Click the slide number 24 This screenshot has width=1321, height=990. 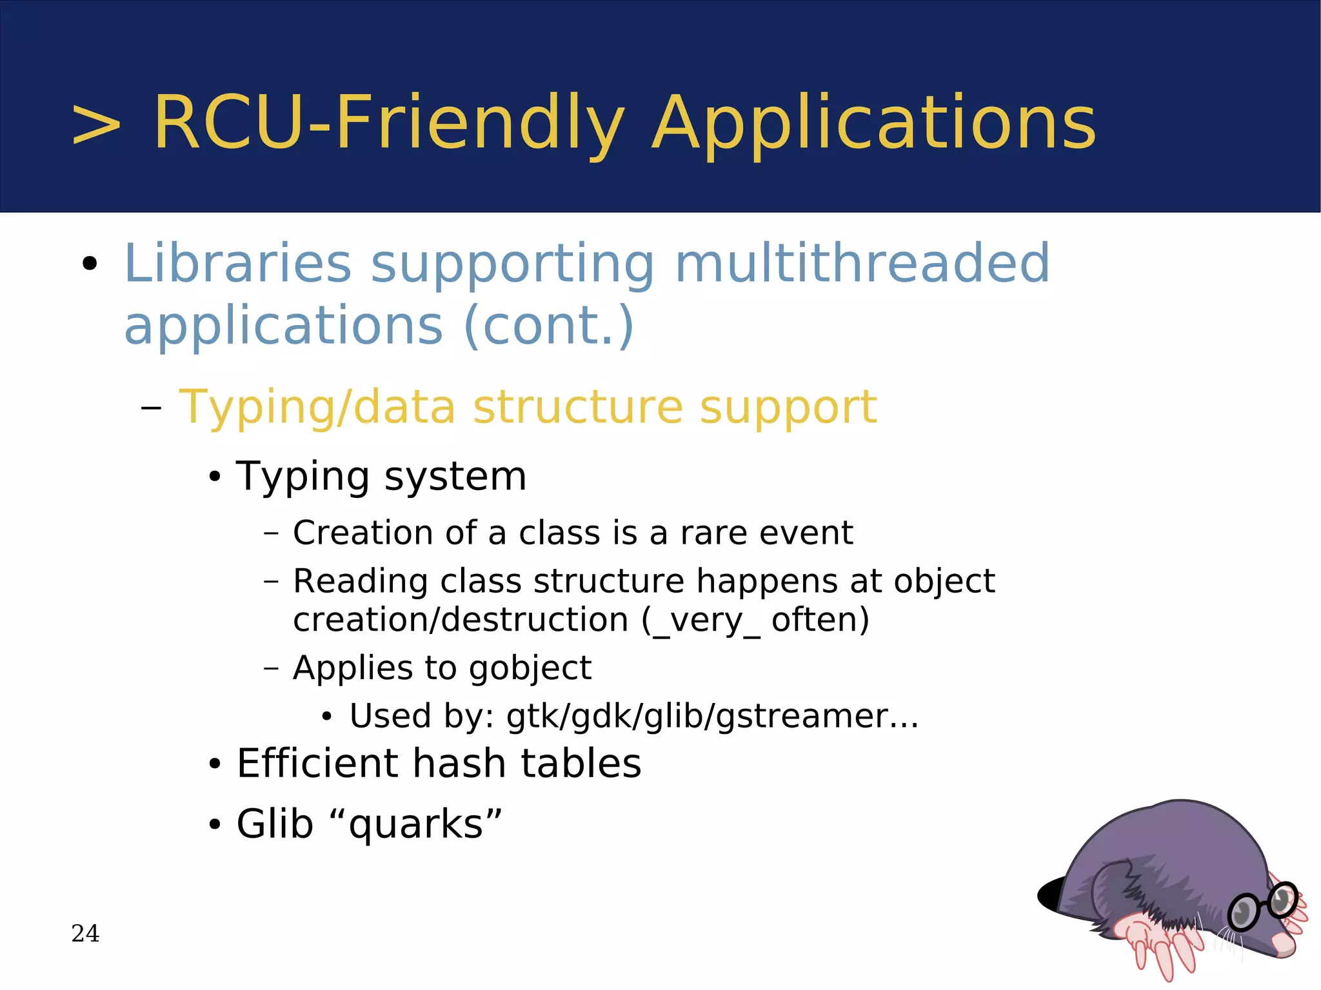point(85,933)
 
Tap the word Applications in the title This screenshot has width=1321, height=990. point(873,124)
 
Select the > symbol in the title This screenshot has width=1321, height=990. point(96,124)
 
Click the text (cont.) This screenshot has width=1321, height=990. point(548,326)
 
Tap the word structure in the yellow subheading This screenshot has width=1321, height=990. point(577,408)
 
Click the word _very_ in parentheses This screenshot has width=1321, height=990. point(706,620)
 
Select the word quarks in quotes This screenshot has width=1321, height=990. point(416,824)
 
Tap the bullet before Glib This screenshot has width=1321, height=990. point(215,825)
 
